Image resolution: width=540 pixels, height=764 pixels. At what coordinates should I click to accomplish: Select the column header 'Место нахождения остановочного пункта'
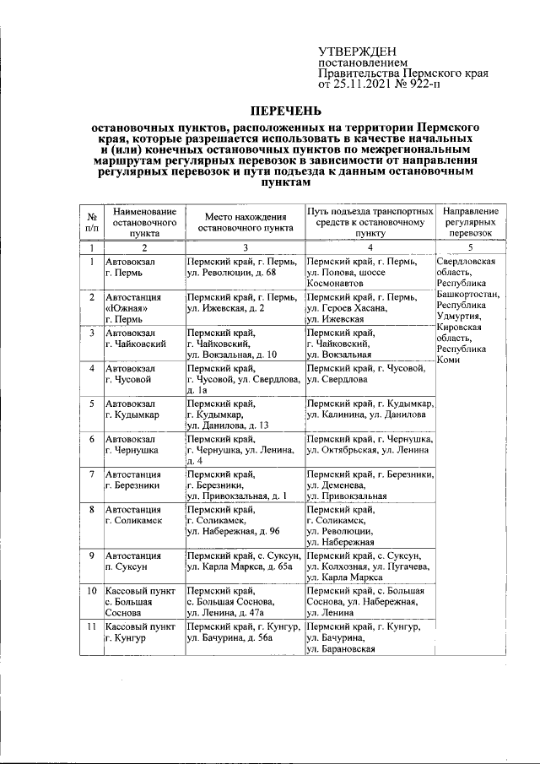coord(244,222)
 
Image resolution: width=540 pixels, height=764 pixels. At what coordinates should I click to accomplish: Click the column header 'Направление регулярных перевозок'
coord(471,221)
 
